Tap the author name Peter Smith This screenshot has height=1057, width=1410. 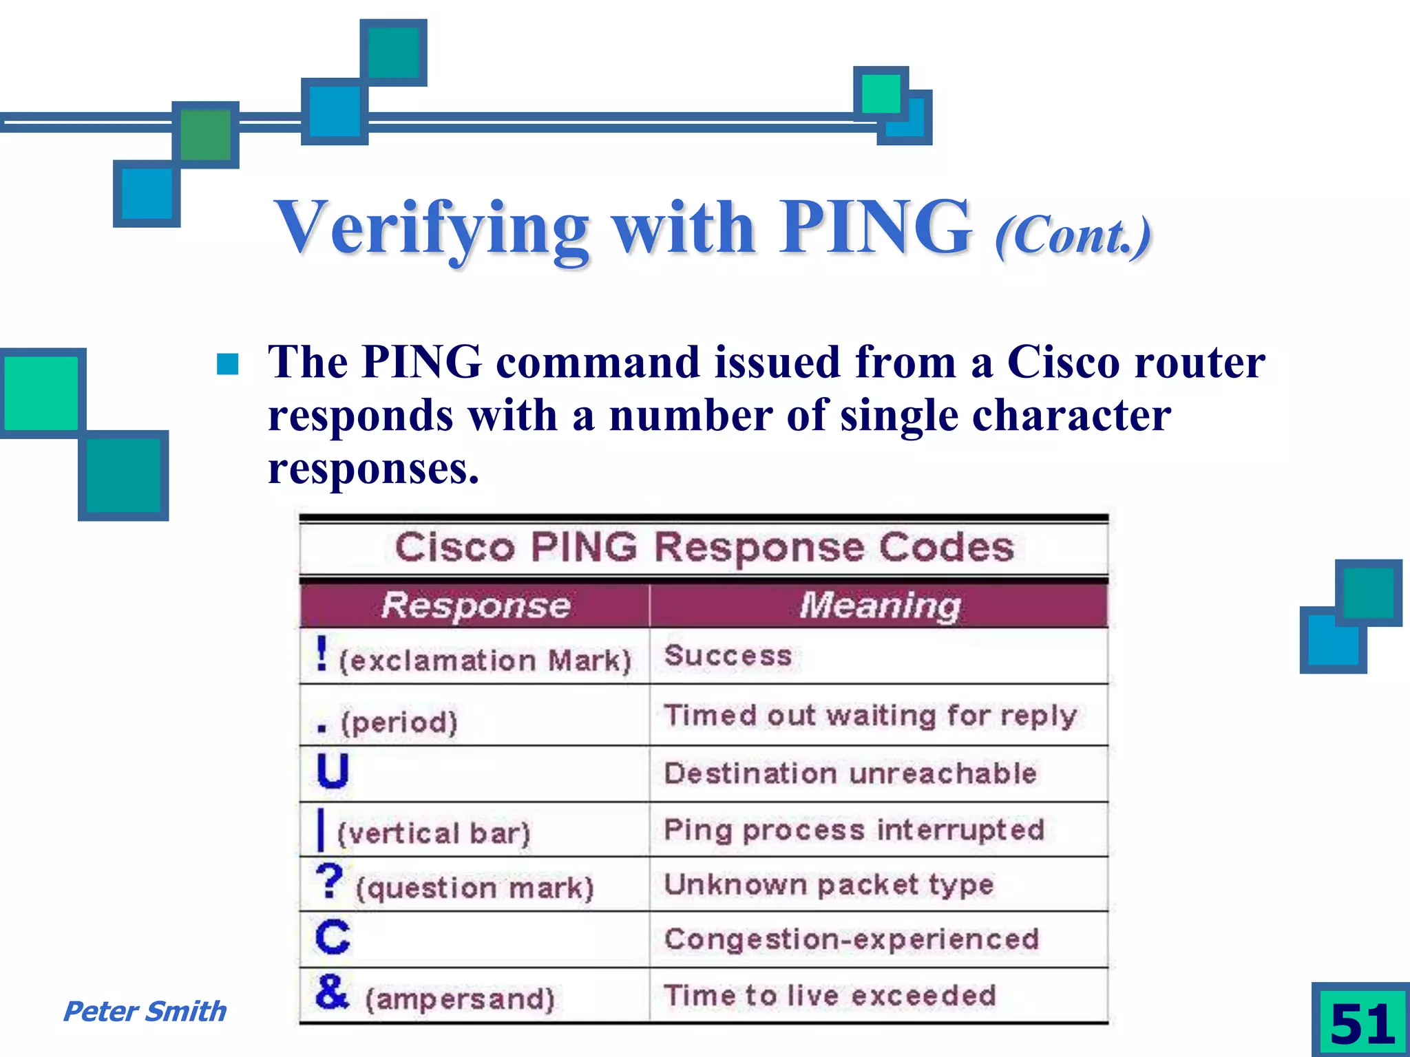pos(144,1012)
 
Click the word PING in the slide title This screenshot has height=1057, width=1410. pos(875,228)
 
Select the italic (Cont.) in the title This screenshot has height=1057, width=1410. pos(1072,235)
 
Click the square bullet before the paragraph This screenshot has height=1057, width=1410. pos(227,364)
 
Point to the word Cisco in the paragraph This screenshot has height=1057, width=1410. pos(1063,363)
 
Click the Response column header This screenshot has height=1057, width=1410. pos(476,606)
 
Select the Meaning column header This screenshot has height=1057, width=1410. pos(880,606)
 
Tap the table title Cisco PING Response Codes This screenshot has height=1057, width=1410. pos(704,548)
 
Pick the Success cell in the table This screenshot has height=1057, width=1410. pos(728,656)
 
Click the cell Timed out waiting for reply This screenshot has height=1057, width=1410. pos(870,716)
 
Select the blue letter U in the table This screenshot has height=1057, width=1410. pos(333,771)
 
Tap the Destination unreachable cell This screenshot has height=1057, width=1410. pos(850,773)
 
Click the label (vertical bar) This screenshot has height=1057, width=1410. pos(434,833)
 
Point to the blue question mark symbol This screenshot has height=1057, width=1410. pos(330,881)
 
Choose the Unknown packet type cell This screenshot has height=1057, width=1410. pos(829,885)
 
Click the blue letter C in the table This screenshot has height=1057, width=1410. pos(333,937)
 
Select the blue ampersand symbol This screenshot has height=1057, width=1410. pos(332,992)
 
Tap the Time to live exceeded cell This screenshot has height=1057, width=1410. pos(830,996)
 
